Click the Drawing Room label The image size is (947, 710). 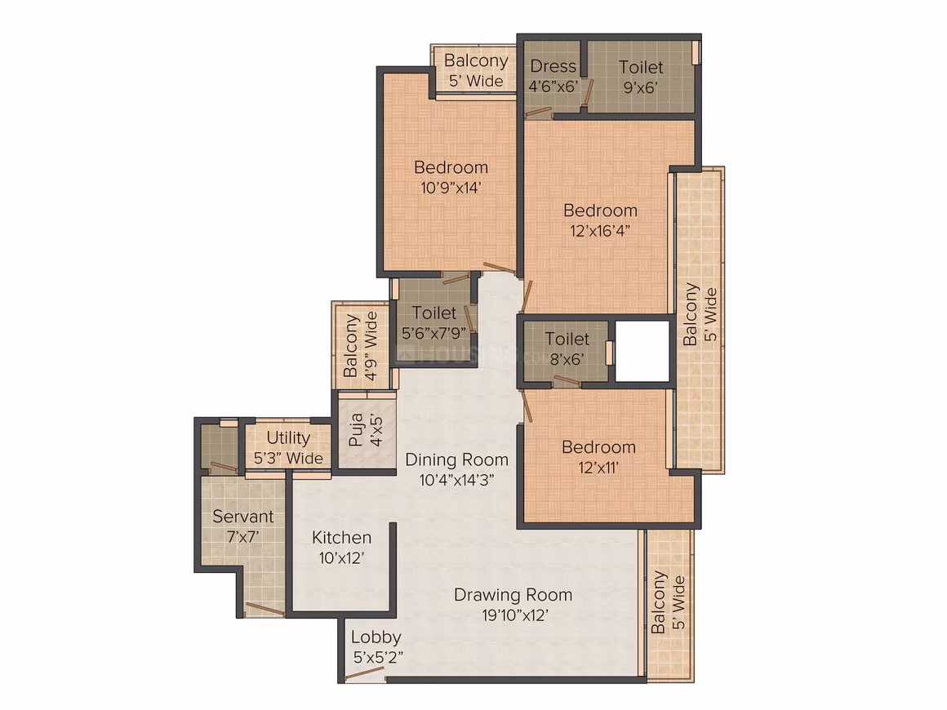[x=513, y=595]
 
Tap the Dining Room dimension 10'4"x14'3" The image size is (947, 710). [x=456, y=480]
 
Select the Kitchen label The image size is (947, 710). [x=341, y=537]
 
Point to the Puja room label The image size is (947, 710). [x=356, y=429]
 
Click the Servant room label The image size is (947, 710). [x=242, y=517]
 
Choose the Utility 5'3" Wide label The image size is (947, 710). [x=288, y=447]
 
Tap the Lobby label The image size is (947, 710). [x=376, y=637]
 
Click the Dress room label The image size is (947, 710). [x=554, y=66]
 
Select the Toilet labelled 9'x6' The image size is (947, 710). [x=640, y=77]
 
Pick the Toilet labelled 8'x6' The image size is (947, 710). [x=567, y=348]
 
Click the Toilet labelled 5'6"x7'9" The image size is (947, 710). [x=433, y=322]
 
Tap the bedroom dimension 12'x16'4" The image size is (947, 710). [x=600, y=231]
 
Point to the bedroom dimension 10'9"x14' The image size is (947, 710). [x=451, y=188]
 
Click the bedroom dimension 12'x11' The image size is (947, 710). [x=598, y=468]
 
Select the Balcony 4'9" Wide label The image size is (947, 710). [x=361, y=346]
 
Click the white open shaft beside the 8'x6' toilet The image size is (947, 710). [x=642, y=351]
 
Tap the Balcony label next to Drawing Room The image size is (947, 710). [x=659, y=602]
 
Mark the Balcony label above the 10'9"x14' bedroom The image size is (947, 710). [x=476, y=60]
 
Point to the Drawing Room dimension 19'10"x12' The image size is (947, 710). [x=514, y=615]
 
